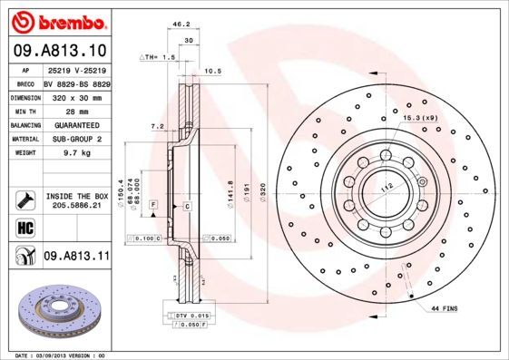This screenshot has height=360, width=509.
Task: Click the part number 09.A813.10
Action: click(x=61, y=51)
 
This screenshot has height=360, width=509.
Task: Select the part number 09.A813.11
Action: click(x=76, y=257)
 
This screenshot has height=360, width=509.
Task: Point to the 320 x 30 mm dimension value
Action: click(x=76, y=96)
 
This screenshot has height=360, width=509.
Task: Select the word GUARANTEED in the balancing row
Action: click(x=76, y=125)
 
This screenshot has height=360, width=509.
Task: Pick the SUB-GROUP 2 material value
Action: click(x=76, y=140)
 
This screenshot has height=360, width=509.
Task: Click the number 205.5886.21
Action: click(x=76, y=206)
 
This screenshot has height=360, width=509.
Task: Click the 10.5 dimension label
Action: click(x=214, y=70)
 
